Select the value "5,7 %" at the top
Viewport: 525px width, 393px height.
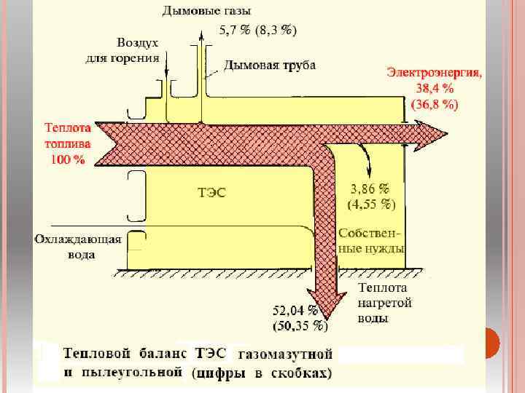(x=235, y=30)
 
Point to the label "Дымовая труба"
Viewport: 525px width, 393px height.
(x=269, y=66)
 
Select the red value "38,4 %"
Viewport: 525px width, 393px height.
(x=435, y=88)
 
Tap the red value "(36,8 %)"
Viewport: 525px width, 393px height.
(x=435, y=104)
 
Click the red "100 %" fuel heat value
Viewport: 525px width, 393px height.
(x=67, y=159)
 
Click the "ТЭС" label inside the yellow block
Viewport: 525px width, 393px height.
(x=212, y=193)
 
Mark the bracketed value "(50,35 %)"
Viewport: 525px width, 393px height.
(x=298, y=326)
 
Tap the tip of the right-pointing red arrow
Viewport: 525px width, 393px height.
(x=446, y=133)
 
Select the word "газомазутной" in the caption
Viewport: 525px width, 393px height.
(x=285, y=355)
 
